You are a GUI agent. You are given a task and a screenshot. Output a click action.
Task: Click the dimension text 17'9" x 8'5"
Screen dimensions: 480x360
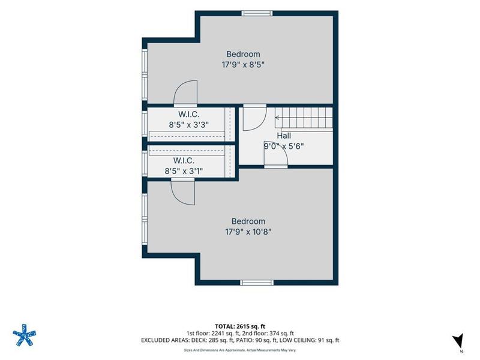(x=243, y=65)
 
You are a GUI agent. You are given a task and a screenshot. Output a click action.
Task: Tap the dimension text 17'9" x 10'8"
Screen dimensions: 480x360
(x=248, y=232)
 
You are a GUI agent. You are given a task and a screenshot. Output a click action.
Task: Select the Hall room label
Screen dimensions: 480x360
(x=284, y=136)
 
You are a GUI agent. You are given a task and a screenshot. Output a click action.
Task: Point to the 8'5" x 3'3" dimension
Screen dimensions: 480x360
(x=189, y=125)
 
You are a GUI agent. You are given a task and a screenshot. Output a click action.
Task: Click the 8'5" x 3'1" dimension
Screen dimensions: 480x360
(x=184, y=171)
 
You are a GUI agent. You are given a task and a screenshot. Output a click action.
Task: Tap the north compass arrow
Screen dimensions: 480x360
(x=458, y=340)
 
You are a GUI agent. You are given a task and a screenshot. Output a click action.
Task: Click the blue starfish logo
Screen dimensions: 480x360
(x=24, y=335)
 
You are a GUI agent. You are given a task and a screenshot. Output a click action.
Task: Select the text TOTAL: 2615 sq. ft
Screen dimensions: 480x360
(x=238, y=326)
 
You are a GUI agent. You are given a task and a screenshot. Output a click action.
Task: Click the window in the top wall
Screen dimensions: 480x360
(x=257, y=13)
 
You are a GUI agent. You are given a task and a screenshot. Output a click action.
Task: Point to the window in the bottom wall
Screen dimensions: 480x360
(x=257, y=283)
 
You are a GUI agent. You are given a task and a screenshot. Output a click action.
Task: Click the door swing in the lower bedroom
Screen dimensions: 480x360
(x=183, y=193)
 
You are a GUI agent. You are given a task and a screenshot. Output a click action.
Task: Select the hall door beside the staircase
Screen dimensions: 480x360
(x=255, y=118)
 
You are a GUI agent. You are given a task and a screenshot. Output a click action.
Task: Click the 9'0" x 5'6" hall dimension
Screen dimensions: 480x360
(x=284, y=146)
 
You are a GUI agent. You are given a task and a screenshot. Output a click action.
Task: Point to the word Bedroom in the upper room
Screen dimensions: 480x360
(x=244, y=54)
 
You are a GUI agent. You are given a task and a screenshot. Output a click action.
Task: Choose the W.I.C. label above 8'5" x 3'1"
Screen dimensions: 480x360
(x=184, y=160)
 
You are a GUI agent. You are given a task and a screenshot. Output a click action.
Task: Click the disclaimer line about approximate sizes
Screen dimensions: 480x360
(x=240, y=350)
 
